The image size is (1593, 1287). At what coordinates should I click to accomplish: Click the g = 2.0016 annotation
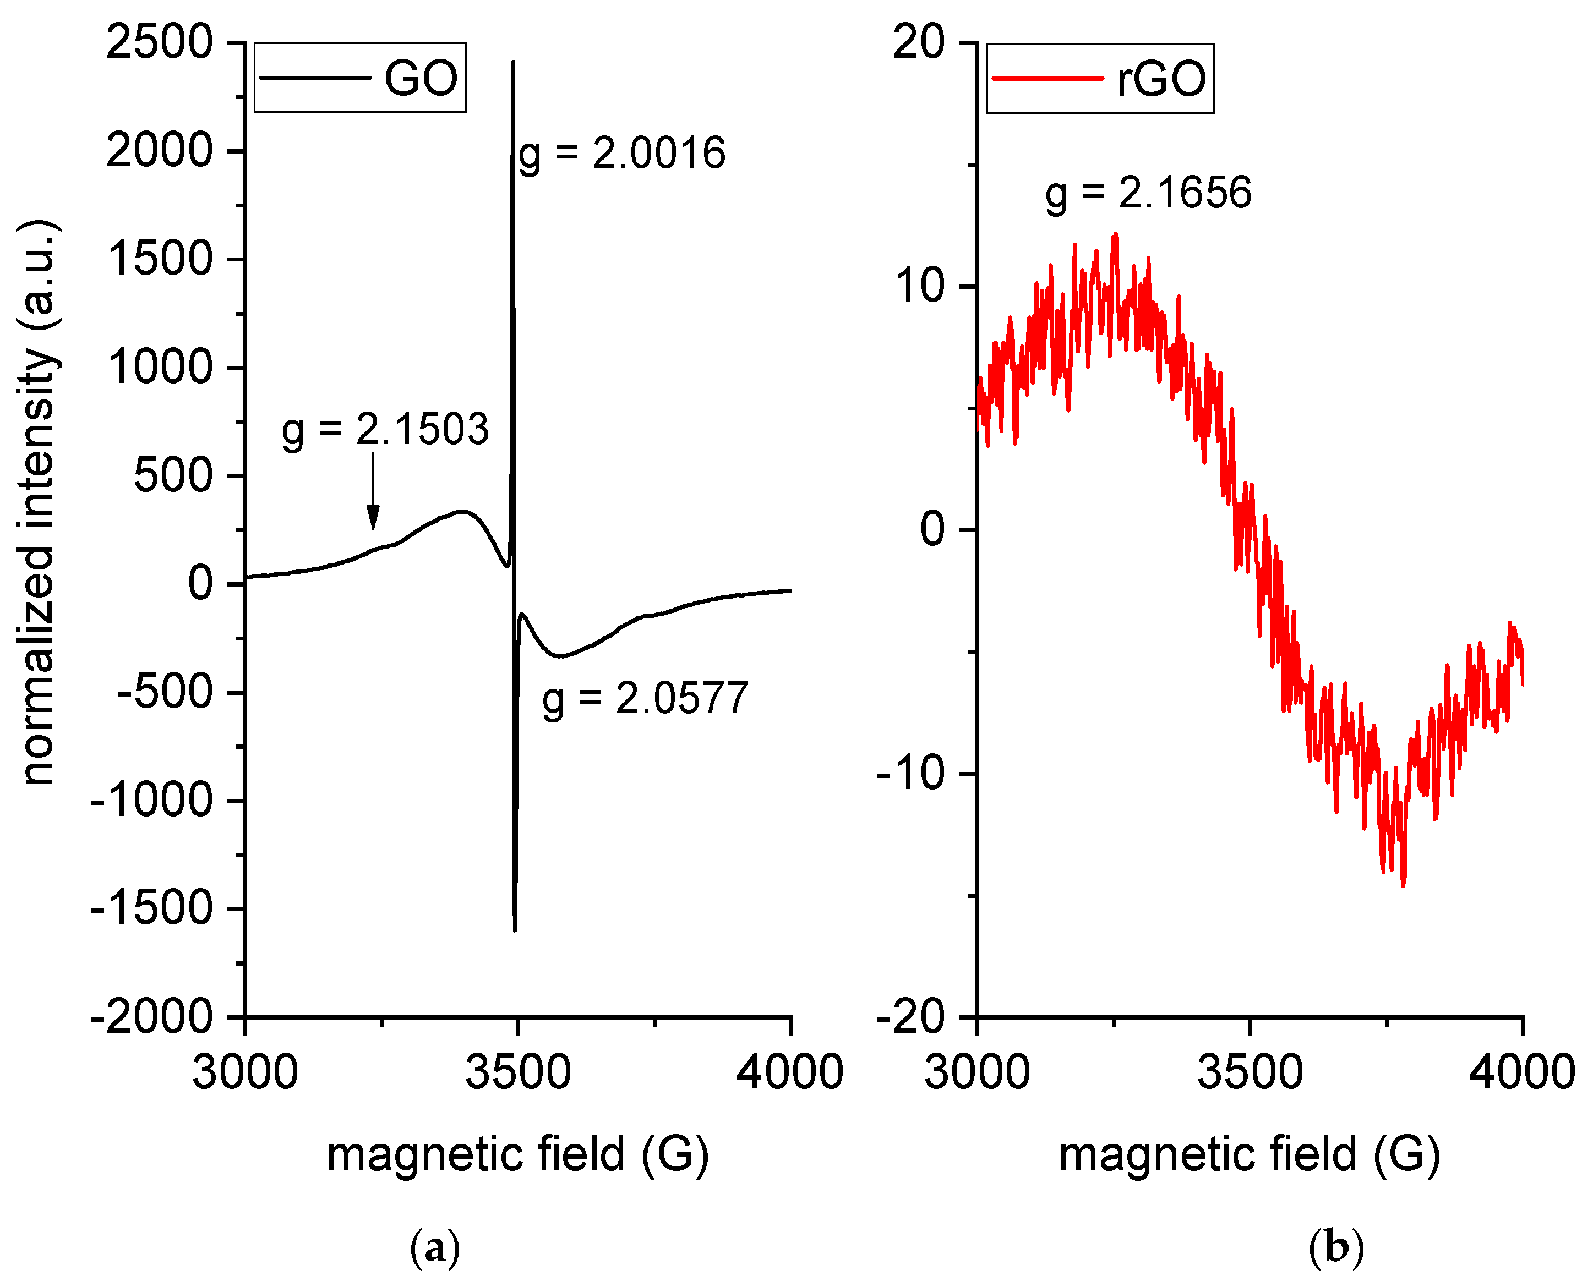point(621,154)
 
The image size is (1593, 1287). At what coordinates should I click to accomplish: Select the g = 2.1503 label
point(385,430)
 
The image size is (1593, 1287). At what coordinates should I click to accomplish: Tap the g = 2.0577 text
point(645,699)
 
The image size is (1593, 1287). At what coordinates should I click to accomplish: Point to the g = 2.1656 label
point(1148,194)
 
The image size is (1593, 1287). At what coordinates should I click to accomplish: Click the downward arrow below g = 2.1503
point(373,492)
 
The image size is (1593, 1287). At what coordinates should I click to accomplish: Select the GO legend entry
point(359,78)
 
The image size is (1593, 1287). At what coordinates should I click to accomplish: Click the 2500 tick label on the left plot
point(160,42)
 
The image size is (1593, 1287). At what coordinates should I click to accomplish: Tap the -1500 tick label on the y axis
point(151,909)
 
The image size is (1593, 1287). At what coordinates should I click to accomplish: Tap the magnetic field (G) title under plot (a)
point(517,1155)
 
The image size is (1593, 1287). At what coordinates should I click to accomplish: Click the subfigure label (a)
point(435,1248)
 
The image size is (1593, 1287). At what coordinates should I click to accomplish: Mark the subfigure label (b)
point(1335,1248)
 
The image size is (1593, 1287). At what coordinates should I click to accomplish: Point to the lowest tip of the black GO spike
point(515,930)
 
